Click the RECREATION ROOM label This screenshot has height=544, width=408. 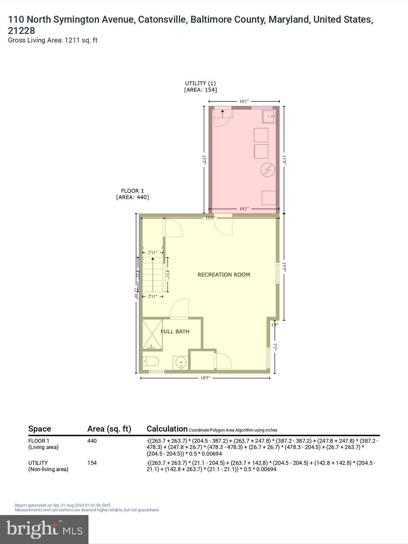click(x=223, y=274)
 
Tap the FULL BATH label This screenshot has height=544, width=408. click(x=175, y=331)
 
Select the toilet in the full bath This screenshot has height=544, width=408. click(x=151, y=362)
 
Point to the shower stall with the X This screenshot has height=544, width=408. click(x=152, y=335)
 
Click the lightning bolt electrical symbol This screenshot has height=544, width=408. click(x=267, y=170)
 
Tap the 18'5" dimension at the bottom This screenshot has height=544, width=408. click(x=205, y=378)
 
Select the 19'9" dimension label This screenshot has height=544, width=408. click(x=210, y=218)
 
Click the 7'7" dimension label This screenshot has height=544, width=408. click(x=275, y=347)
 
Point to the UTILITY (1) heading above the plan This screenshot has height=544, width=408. click(x=200, y=83)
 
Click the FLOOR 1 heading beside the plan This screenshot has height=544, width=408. click(x=132, y=191)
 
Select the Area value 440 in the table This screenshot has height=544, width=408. click(x=92, y=441)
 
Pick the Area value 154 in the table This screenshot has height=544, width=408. click(x=92, y=463)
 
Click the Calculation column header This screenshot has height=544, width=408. click(x=167, y=429)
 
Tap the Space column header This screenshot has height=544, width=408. click(x=40, y=429)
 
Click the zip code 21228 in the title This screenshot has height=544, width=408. click(x=21, y=30)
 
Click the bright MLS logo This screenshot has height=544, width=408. click(x=44, y=529)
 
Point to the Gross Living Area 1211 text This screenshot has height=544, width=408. click(x=52, y=40)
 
